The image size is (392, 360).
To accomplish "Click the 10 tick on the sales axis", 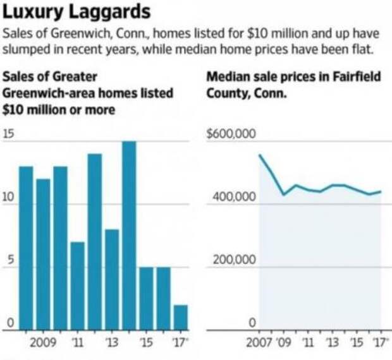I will [9, 197].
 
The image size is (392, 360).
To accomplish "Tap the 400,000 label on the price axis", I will [231, 198].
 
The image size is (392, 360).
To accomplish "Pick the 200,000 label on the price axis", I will [231, 260].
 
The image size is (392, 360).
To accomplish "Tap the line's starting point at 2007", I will [260, 155].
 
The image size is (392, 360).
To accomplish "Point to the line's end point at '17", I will [381, 191].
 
